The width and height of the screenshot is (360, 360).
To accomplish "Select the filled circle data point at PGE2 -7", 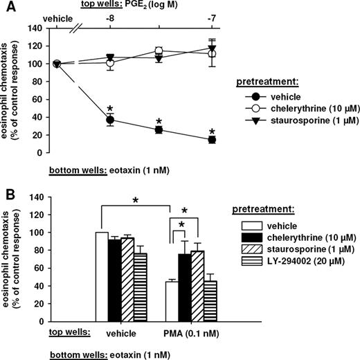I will point(212,139).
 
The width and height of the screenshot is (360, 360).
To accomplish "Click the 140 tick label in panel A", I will point(35,28).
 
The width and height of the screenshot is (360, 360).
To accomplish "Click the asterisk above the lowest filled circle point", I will point(212,129).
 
